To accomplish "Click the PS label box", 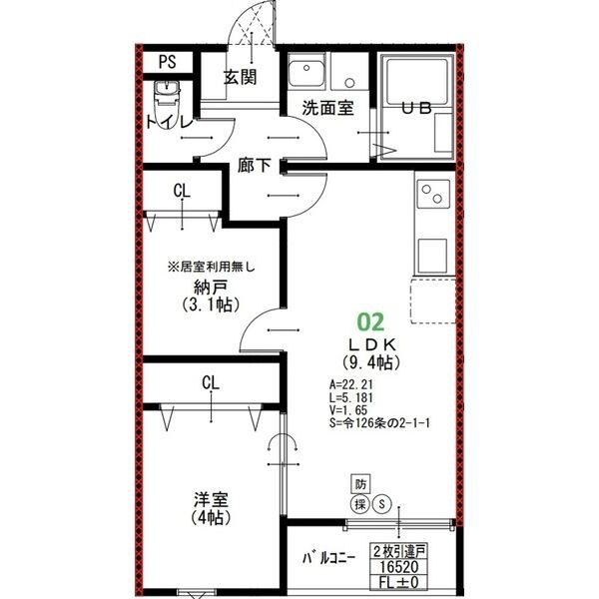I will tap(167, 61).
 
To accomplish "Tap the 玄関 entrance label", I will tap(241, 77).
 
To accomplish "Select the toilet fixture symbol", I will tap(167, 99).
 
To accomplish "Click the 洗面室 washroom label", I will tap(327, 108).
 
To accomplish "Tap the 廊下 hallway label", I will tap(255, 165).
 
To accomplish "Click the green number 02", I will tap(370, 321).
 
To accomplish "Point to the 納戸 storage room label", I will tap(209, 288).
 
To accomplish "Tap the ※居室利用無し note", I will tap(212, 267).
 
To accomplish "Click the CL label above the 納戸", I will tap(182, 191).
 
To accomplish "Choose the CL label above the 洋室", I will tap(211, 382).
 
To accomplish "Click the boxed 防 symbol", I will tap(360, 484).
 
